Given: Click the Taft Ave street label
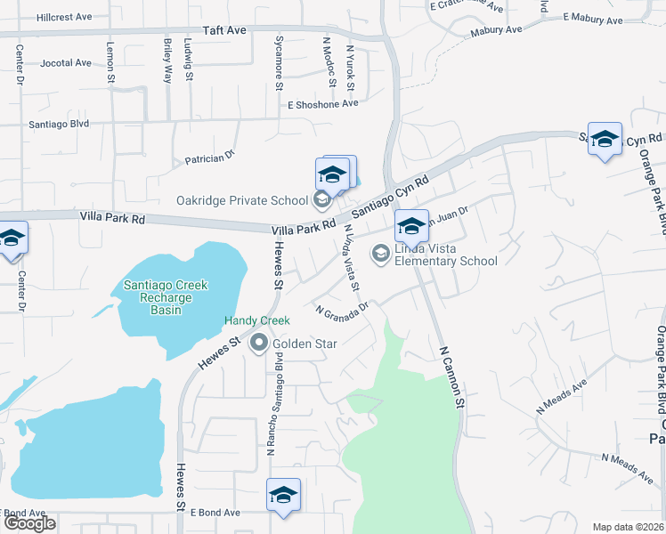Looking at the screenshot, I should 224,29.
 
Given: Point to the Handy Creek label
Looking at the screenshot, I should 257,320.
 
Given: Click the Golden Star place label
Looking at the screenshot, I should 299,344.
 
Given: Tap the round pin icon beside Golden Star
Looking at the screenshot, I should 260,343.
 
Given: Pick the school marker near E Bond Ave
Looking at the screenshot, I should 283,495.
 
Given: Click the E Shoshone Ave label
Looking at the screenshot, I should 322,104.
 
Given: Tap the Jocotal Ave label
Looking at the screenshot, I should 66,63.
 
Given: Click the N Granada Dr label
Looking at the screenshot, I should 342,310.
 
